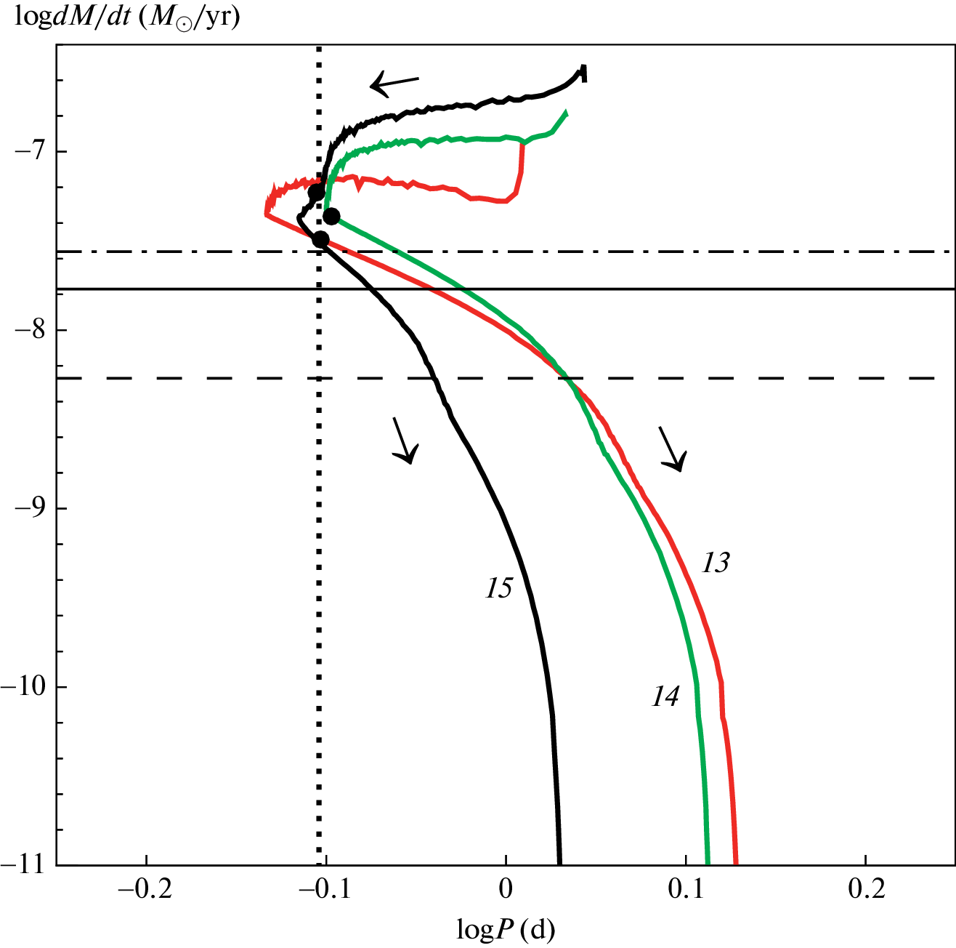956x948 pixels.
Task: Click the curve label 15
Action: tap(499, 589)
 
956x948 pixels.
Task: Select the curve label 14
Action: tap(665, 696)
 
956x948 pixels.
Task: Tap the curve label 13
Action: tap(715, 563)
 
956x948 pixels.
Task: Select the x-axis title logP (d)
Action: tap(506, 928)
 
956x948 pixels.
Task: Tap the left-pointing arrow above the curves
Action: tap(394, 84)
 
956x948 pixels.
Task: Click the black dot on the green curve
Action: tap(331, 216)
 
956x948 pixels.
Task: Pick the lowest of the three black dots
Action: tap(320, 239)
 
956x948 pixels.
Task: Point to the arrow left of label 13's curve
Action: tap(671, 449)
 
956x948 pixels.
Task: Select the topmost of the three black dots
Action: tap(317, 193)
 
